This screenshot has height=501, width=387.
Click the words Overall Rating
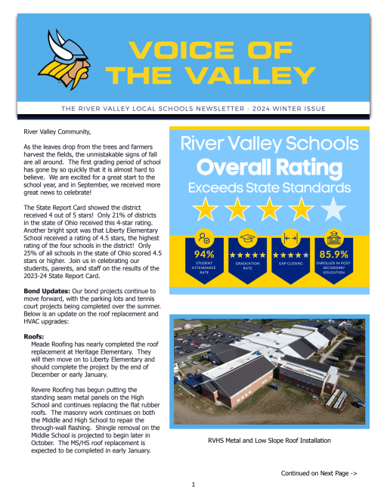[268, 165]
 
